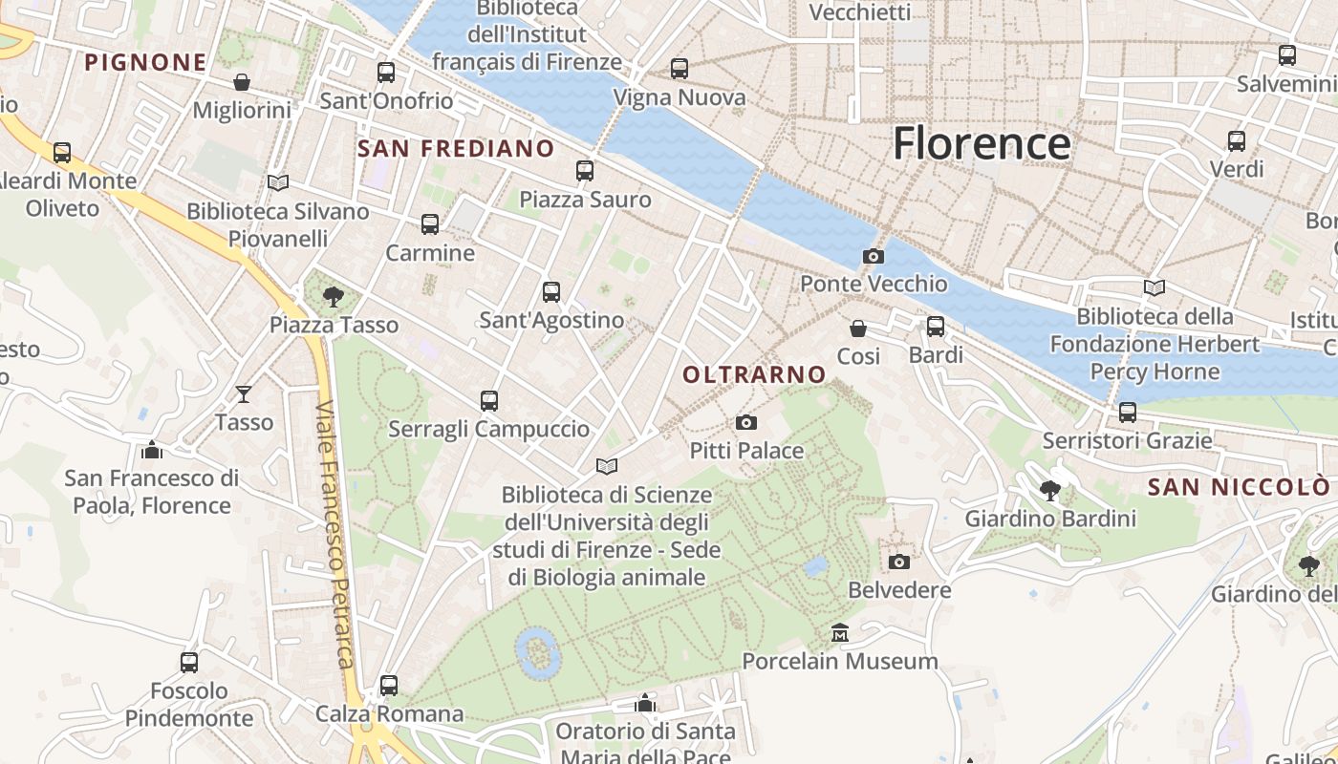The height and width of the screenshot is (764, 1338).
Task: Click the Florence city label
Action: [x=982, y=143]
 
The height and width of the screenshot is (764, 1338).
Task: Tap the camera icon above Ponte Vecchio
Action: [x=873, y=256]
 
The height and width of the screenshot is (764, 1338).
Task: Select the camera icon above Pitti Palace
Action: [x=746, y=422]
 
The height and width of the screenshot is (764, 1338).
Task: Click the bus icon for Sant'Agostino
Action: [x=551, y=292]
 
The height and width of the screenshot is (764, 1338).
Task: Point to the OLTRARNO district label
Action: [x=754, y=375]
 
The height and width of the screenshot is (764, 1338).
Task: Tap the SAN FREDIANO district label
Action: [x=456, y=148]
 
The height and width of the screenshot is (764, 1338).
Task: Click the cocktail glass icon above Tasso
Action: [x=244, y=393]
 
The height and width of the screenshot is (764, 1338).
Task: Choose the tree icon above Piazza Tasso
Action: [x=334, y=296]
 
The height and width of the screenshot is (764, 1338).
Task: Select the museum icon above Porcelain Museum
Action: [x=840, y=632]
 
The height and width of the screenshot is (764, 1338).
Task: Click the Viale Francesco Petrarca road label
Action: [x=335, y=535]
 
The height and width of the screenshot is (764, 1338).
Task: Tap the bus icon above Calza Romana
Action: [x=389, y=685]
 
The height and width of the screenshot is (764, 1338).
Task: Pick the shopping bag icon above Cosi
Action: [x=858, y=329]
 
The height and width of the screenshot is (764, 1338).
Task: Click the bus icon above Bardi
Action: [x=936, y=327]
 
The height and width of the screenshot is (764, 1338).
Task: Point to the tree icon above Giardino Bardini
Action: [x=1050, y=491]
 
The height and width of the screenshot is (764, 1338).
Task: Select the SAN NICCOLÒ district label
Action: [x=1238, y=488]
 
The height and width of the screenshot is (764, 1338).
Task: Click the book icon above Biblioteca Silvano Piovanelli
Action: [x=278, y=182]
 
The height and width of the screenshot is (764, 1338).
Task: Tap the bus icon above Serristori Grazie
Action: [x=1128, y=413]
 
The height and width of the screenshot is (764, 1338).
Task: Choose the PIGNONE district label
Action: [x=145, y=63]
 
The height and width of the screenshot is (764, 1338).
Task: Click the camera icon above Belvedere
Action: [x=899, y=562]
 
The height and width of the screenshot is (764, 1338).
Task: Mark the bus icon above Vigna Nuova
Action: [x=680, y=69]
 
